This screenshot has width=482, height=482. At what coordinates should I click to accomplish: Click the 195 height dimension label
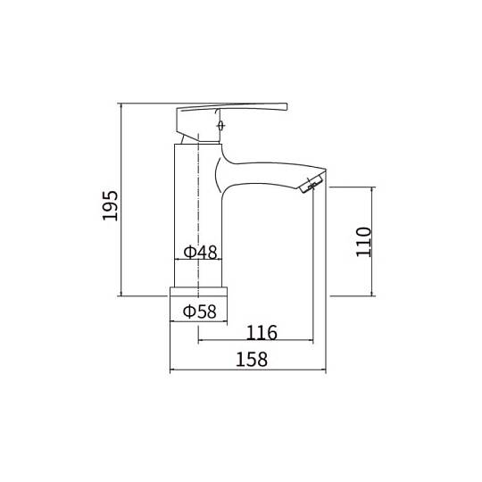tap(110, 205)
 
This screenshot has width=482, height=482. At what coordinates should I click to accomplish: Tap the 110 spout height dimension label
tap(363, 242)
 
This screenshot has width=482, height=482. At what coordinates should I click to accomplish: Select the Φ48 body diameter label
tap(200, 252)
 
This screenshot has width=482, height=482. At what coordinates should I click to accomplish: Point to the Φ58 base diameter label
tap(200, 312)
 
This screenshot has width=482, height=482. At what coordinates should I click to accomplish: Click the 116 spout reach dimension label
tap(262, 333)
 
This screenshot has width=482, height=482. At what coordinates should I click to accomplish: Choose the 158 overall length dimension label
tap(252, 360)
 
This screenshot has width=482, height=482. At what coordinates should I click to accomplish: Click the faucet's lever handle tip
tap(287, 107)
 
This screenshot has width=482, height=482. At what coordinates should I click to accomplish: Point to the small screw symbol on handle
tap(220, 126)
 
